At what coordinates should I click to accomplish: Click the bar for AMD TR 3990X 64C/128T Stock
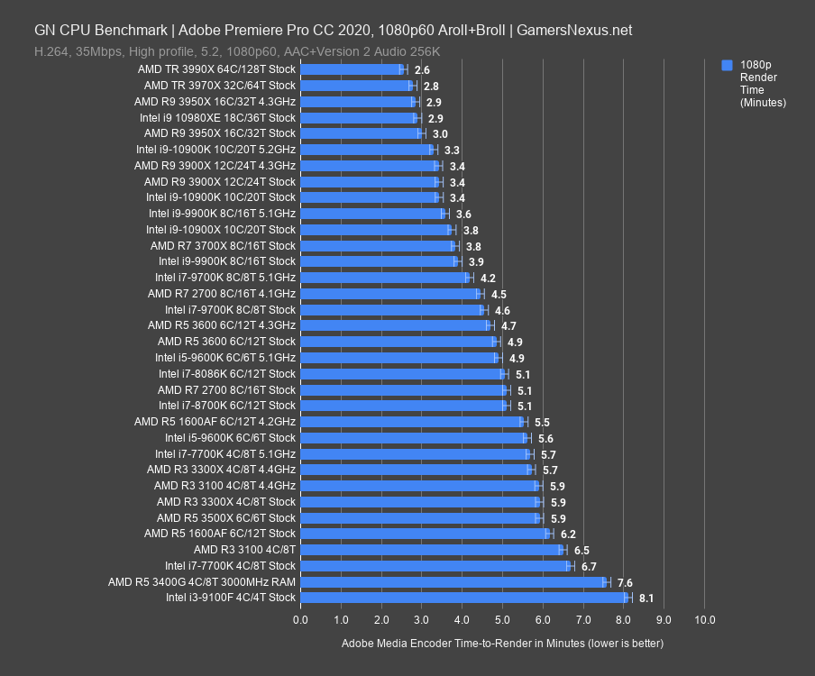pos(352,69)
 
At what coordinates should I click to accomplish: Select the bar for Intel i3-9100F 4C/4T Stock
pos(463,598)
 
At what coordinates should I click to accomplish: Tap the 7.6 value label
pos(625,581)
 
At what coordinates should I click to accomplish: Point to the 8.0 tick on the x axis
pos(624,620)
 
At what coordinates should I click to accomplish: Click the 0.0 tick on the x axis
pos(300,620)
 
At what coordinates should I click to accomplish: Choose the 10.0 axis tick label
pos(705,620)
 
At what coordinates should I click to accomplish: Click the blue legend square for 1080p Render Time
pos(728,66)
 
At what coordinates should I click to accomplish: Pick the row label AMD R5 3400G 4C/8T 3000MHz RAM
pos(202,581)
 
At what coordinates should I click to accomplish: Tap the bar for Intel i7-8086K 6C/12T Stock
pos(402,374)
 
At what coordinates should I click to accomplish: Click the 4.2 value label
pos(488,278)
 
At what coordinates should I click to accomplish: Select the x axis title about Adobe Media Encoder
pos(502,644)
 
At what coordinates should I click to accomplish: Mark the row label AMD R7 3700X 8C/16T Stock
pos(223,245)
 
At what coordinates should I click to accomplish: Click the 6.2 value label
pos(568,534)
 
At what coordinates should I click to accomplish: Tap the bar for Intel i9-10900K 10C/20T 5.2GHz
pos(366,150)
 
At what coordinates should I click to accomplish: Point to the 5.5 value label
pos(542,422)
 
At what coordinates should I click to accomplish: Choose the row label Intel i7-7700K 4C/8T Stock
pos(230,565)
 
